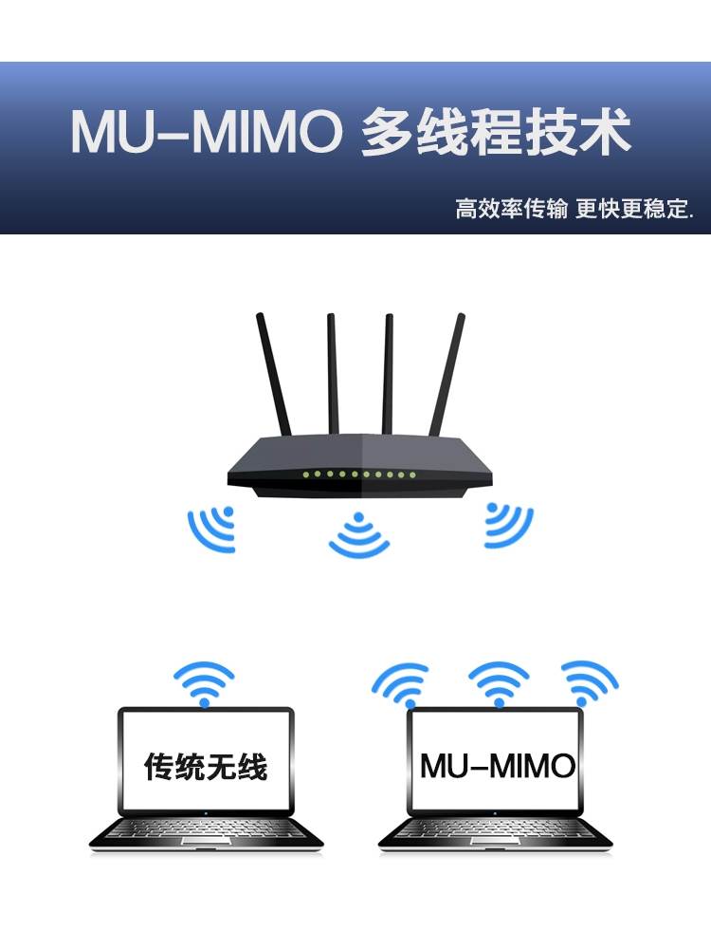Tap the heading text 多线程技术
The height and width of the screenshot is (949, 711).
[496, 134]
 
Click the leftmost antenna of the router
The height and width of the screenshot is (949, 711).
[273, 375]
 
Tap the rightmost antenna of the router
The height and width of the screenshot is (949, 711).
[447, 375]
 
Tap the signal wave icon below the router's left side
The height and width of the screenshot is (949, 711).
[213, 528]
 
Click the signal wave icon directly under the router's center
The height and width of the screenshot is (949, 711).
[358, 535]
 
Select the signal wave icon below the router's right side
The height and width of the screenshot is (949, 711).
[506, 525]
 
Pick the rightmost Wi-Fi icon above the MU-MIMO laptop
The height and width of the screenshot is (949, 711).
[590, 681]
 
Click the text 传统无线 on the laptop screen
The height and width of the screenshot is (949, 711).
[205, 765]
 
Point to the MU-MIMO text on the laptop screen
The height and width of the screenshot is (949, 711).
[498, 765]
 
